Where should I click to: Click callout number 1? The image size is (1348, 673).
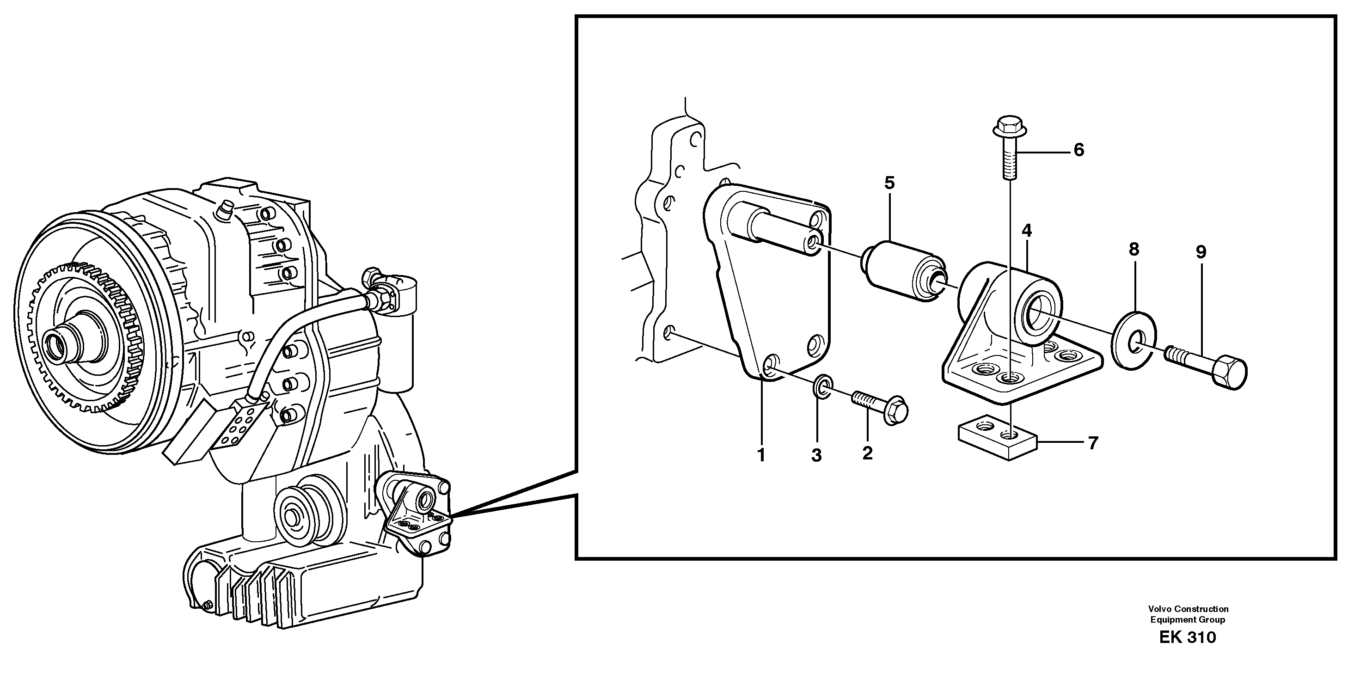761,455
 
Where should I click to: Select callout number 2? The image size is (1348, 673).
867,453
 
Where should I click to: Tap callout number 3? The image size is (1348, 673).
816,455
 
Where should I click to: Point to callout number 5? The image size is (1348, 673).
889,183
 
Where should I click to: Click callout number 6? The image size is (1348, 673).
1078,150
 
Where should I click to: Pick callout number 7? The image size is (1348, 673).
1093,443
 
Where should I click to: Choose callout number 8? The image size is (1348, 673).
1134,250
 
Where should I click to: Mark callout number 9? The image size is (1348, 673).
1201,252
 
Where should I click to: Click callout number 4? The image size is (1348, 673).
1026,230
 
